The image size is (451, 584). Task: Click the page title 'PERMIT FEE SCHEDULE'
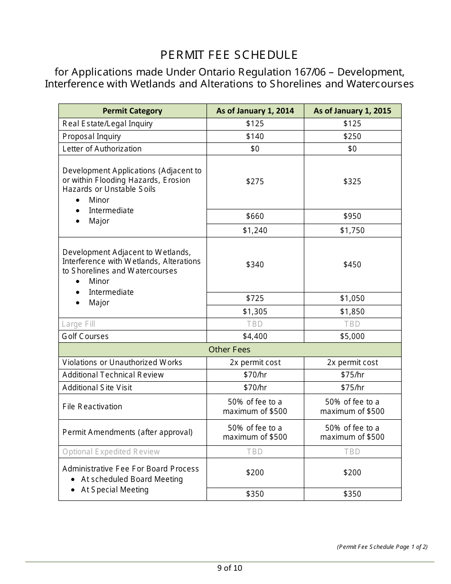[229, 55]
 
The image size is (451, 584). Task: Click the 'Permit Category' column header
[132, 111]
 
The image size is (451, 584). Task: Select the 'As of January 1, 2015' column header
[352, 111]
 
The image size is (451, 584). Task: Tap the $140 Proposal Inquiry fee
[255, 136]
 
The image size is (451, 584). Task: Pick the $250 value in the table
[352, 136]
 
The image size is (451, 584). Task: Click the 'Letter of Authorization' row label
[102, 149]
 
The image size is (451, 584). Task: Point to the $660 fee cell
[255, 216]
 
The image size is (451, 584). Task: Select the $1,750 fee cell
[352, 230]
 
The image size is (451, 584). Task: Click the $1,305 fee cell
[255, 311]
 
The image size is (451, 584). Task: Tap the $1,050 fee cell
[352, 298]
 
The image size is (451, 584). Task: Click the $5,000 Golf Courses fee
[352, 336]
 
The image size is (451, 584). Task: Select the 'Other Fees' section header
[229, 349]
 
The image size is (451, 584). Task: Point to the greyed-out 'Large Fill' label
[79, 324]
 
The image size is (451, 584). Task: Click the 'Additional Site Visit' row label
[97, 387]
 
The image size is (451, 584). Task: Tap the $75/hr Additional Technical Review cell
[352, 375]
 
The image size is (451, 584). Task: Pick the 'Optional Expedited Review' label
[111, 452]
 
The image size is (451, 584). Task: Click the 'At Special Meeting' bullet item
[114, 490]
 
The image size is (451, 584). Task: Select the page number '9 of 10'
[230, 568]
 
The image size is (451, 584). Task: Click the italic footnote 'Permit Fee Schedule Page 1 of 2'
[382, 546]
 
